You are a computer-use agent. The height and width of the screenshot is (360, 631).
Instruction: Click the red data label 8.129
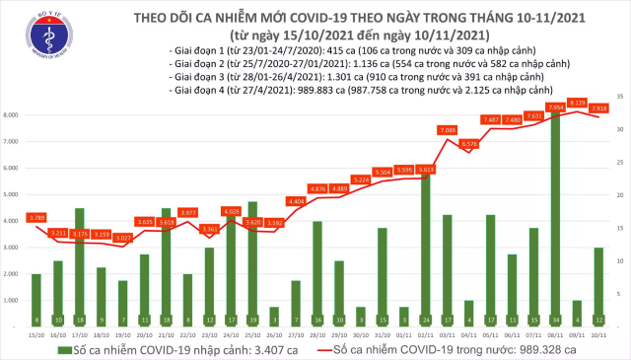pyautogui.click(x=578, y=103)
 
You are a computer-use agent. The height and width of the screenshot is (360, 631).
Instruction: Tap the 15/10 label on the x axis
pyautogui.click(x=36, y=335)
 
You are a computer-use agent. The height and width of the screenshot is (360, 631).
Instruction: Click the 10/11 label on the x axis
pyautogui.click(x=600, y=335)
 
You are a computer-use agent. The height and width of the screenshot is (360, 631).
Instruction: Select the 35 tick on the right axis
pyautogui.click(x=621, y=97)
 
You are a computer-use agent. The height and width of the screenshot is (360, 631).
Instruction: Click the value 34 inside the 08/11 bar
pyautogui.click(x=555, y=320)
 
